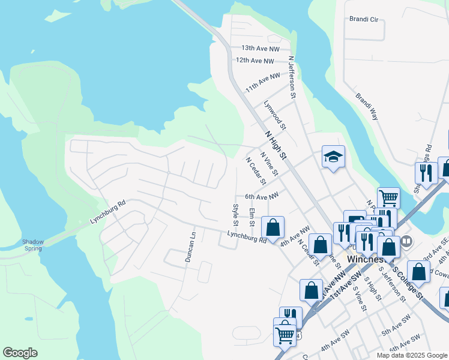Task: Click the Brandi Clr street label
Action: tap(364, 19)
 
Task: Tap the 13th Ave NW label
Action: tap(261, 48)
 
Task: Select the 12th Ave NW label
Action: tap(255, 61)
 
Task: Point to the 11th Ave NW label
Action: tap(263, 83)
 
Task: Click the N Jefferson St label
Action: tap(292, 77)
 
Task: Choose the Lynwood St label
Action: tap(276, 115)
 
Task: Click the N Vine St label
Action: tap(269, 163)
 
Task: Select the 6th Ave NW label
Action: tap(262, 196)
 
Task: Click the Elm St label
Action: tap(252, 217)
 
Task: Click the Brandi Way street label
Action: tap(367, 107)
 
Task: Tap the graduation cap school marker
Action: tap(333, 157)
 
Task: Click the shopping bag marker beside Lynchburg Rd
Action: tap(273, 228)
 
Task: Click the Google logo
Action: tap(20, 353)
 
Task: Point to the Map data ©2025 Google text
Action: tap(411, 355)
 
